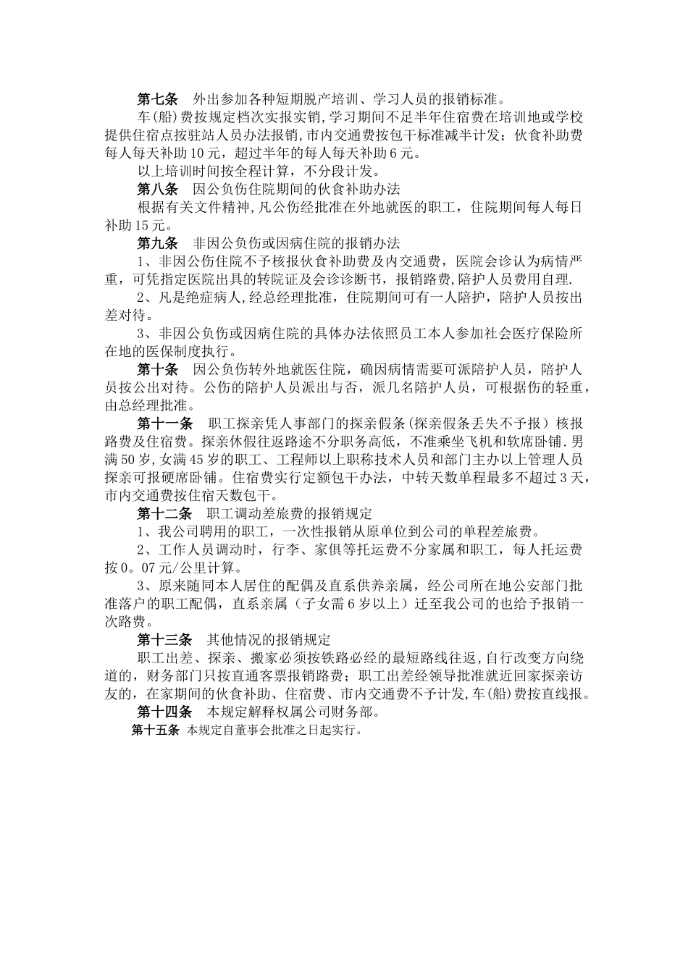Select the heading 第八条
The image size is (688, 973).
(157, 190)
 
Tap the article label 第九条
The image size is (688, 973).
(157, 243)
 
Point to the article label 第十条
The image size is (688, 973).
(157, 370)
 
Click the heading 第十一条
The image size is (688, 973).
(164, 424)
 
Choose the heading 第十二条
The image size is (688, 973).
(164, 514)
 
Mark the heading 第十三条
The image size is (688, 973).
(164, 640)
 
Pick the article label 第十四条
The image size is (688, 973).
(164, 712)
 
